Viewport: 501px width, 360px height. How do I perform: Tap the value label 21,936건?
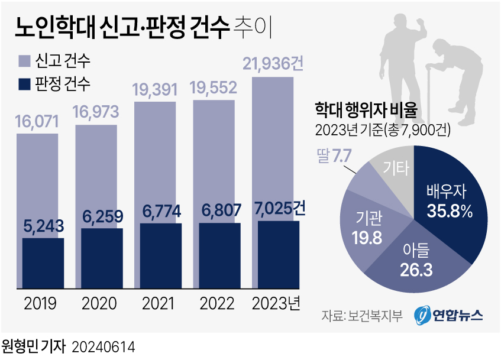[x=273, y=64]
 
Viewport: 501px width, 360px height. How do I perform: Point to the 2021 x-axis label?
[x=158, y=304]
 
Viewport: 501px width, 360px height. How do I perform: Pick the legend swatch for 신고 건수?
[x=24, y=60]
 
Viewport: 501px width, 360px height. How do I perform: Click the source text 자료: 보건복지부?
[x=362, y=316]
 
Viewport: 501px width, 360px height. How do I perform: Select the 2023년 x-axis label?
[x=276, y=304]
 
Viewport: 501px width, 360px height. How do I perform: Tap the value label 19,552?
[x=213, y=88]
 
